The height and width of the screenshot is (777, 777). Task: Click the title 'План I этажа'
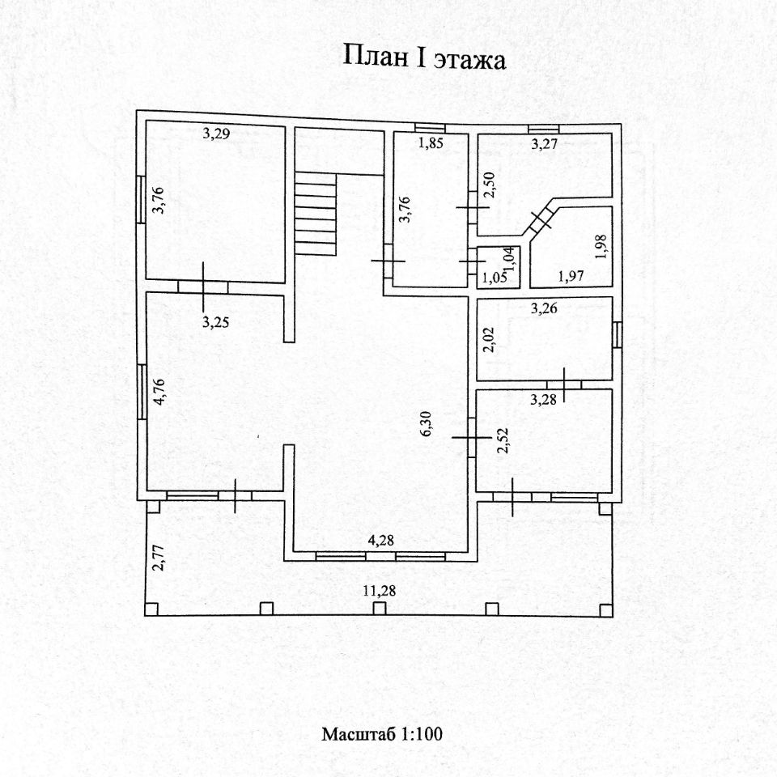click(425, 59)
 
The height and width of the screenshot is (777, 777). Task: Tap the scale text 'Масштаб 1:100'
click(382, 735)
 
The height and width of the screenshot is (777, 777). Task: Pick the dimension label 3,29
click(216, 134)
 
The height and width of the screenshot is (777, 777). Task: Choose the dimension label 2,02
click(487, 338)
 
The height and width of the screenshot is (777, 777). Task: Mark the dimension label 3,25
click(214, 321)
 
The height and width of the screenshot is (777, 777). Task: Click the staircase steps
click(315, 216)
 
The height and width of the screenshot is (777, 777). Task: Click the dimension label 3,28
click(542, 398)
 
